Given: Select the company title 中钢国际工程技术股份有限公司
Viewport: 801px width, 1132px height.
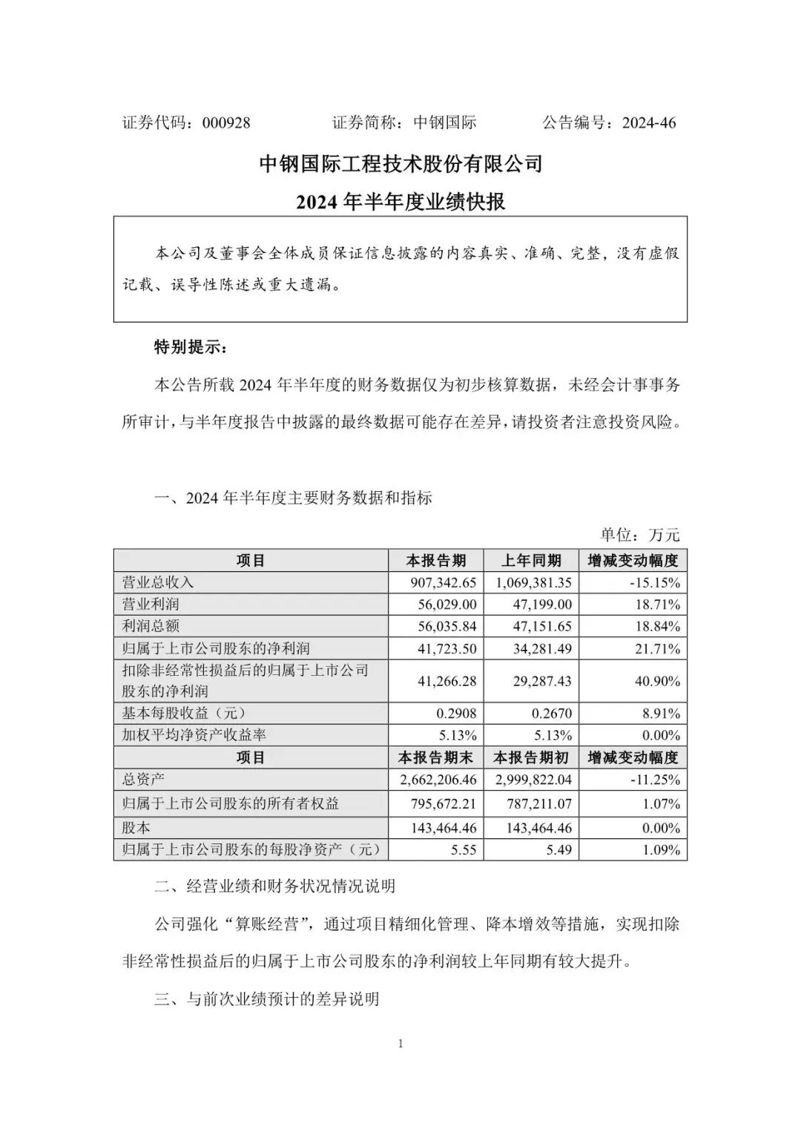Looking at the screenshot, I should (400, 164).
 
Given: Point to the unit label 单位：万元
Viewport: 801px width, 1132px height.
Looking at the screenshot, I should (639, 535).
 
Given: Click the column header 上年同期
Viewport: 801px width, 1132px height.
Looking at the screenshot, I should (531, 561).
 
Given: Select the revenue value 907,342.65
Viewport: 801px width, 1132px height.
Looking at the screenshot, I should (443, 583).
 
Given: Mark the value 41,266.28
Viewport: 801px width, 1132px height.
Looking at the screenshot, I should (446, 681).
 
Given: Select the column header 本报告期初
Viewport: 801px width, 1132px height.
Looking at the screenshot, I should (531, 757).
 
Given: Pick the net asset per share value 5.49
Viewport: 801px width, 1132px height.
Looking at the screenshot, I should (558, 850).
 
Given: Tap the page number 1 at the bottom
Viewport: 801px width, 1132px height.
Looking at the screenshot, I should (400, 1044).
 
